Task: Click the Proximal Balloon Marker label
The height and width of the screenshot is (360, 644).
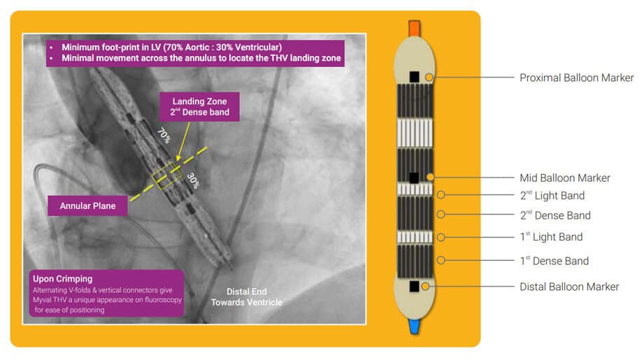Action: point(576,78)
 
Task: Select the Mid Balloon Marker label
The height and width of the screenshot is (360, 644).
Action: point(565,178)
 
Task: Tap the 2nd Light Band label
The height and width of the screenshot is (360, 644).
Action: point(552,196)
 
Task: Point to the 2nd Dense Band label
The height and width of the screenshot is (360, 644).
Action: point(555,215)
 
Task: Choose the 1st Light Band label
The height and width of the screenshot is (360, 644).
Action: point(551,237)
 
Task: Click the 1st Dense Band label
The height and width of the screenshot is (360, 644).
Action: point(554,261)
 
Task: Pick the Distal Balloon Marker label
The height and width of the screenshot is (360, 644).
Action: point(569,287)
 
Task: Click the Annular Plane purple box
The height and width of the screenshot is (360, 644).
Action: point(87,206)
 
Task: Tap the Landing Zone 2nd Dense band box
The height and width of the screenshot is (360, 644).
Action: point(199,107)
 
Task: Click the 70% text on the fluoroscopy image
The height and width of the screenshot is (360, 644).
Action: point(164,136)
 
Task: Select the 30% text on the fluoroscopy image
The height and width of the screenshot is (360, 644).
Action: point(193,180)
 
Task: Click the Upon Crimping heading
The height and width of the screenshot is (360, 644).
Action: point(62,279)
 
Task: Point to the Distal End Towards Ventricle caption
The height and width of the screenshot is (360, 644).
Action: point(246,297)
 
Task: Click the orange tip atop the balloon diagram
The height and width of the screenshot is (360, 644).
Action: point(414,29)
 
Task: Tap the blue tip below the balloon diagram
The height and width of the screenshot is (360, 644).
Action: point(414,326)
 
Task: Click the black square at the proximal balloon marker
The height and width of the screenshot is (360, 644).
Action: point(415,76)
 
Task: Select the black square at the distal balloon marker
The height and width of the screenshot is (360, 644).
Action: point(415,286)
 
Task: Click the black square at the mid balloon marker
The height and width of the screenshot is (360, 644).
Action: point(414,178)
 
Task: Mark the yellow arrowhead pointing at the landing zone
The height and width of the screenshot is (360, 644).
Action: point(178,157)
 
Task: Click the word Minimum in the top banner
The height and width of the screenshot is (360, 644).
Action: point(80,48)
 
